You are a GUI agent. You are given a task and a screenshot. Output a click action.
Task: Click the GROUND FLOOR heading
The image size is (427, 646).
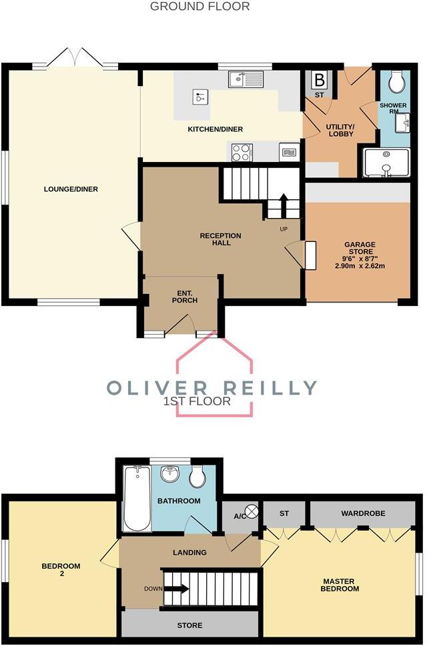(x=199, y=7)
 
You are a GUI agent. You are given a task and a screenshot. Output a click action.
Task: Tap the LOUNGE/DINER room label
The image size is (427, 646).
(x=71, y=189)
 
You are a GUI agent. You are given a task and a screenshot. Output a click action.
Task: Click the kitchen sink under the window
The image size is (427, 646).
(x=246, y=80)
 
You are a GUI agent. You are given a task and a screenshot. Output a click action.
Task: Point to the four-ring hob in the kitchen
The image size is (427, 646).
(x=241, y=153)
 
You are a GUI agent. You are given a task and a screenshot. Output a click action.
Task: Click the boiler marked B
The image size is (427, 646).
(x=319, y=80)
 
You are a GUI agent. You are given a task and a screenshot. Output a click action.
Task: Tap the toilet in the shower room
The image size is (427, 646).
(x=397, y=82)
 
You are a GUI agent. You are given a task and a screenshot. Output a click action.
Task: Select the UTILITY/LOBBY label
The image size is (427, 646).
(x=339, y=130)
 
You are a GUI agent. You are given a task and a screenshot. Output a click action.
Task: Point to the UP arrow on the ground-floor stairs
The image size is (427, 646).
(x=283, y=204)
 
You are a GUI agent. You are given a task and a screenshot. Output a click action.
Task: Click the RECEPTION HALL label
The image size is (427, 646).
(x=220, y=239)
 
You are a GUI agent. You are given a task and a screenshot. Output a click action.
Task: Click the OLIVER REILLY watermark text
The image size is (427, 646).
(x=212, y=387)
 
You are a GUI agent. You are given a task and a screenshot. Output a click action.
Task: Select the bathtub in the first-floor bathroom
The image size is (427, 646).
(x=137, y=499)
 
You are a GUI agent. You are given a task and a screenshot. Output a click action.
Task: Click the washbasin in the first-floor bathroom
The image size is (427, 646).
(x=171, y=476)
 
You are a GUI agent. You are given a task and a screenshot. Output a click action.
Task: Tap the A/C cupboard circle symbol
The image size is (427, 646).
(x=252, y=511)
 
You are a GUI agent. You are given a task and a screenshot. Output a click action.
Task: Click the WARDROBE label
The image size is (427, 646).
(x=360, y=514)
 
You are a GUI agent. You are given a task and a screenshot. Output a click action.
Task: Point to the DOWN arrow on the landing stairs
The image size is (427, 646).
(x=175, y=589)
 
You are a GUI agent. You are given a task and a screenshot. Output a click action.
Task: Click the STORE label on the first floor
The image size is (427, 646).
(x=189, y=625)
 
